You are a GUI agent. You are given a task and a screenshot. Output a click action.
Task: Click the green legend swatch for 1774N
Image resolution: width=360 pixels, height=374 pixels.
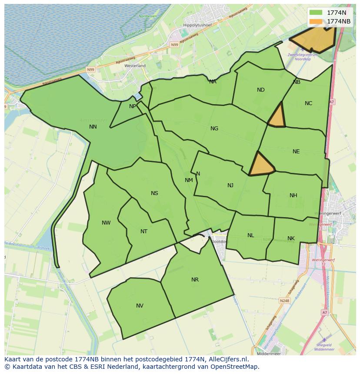point(316,13)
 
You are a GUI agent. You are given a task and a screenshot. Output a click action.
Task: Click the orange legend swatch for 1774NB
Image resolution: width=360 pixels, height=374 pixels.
point(316,21)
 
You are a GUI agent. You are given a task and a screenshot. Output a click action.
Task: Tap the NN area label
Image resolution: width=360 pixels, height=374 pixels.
point(93,127)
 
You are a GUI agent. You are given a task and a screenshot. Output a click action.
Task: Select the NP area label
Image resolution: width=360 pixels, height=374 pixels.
point(133,106)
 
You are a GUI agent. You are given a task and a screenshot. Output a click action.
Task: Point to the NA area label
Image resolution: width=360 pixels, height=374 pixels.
point(213,82)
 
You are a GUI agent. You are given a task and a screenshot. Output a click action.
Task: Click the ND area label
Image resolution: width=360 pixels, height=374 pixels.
point(261,90)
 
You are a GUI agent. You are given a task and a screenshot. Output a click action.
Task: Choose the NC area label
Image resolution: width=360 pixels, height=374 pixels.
point(308,103)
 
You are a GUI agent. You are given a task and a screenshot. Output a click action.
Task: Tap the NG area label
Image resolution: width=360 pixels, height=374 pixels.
point(214,129)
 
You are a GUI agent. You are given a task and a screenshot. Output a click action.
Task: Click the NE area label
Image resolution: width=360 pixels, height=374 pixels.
point(296,152)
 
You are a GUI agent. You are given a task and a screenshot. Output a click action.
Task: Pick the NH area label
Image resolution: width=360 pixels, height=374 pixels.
point(293,195)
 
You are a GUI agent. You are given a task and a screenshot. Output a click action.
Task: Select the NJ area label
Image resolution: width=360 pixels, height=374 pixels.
point(230,185)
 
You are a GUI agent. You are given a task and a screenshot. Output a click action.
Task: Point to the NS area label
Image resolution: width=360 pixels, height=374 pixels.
point(154,193)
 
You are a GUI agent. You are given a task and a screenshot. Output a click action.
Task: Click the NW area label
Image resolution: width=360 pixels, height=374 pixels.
point(106,223)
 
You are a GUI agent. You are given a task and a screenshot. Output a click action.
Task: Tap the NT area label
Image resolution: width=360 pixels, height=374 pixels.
point(144,232)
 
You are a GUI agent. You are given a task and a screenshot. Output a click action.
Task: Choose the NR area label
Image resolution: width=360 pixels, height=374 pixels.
point(195,280)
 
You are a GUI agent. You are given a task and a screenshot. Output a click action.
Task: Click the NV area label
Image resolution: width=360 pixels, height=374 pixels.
point(140,306)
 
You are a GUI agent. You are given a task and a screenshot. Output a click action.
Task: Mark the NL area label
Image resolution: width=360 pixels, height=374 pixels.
point(251,235)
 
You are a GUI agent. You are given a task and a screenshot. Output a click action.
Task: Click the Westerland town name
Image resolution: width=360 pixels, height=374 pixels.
point(135,66)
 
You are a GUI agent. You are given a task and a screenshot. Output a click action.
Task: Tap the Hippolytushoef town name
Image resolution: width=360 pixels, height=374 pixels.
point(197,25)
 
